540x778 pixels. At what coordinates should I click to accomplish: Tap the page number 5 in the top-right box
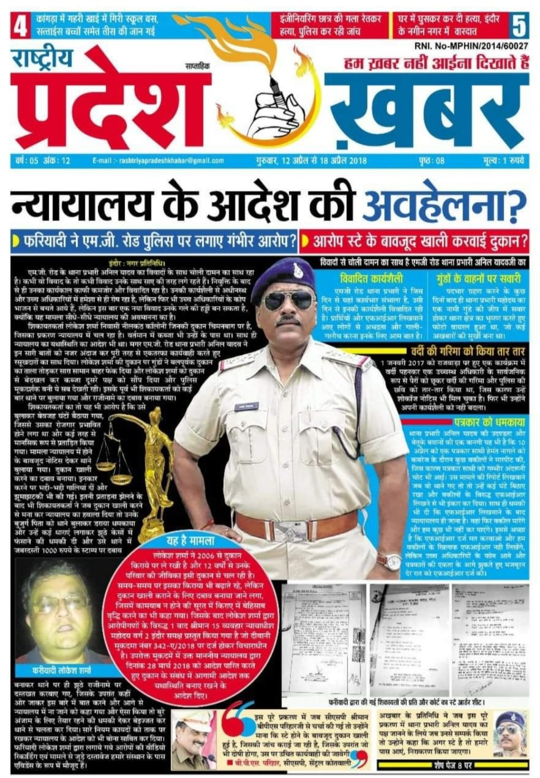coord(519,25)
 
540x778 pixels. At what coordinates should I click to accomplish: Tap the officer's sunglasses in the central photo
coord(287,301)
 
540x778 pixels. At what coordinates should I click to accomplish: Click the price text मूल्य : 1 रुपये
coord(503,160)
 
